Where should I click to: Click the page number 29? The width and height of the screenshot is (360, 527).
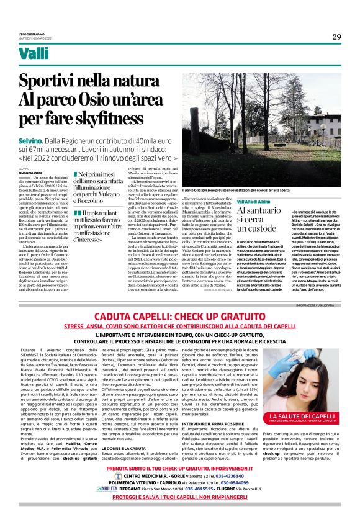click(336, 37)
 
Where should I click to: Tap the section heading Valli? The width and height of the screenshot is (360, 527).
click(34, 55)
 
